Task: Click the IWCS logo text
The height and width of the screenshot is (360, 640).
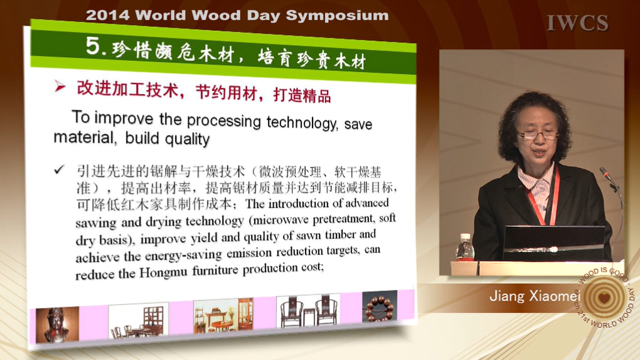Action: click(577, 23)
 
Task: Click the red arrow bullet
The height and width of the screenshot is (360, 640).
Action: click(60, 86)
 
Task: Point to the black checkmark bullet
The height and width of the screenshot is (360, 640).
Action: click(60, 169)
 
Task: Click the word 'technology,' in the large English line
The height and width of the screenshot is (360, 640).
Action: click(302, 122)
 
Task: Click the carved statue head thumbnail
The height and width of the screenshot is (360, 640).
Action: click(57, 324)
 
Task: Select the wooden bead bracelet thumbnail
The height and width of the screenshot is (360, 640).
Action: click(380, 307)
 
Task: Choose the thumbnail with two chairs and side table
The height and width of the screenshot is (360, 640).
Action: click(308, 311)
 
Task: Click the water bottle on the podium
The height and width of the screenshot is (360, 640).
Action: click(464, 247)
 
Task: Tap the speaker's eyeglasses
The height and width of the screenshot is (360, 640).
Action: click(538, 135)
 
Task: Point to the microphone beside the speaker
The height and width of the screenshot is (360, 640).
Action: click(611, 179)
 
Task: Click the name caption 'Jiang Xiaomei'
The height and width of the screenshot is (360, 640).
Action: click(535, 295)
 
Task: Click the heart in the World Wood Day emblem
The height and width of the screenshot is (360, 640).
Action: click(604, 297)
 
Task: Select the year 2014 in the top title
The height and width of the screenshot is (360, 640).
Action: click(108, 16)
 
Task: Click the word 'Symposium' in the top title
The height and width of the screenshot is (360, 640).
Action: click(337, 16)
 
